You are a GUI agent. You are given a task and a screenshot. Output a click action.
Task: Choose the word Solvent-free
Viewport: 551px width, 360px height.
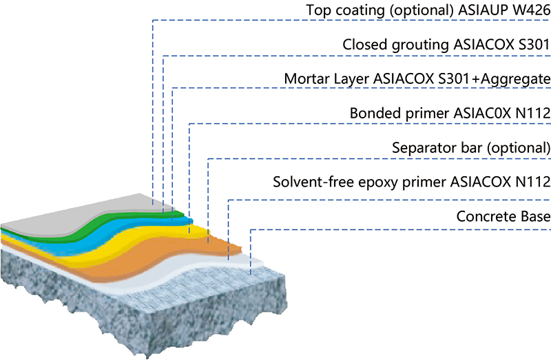point(308,182)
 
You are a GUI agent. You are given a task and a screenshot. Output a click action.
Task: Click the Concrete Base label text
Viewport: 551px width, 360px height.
point(503,216)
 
